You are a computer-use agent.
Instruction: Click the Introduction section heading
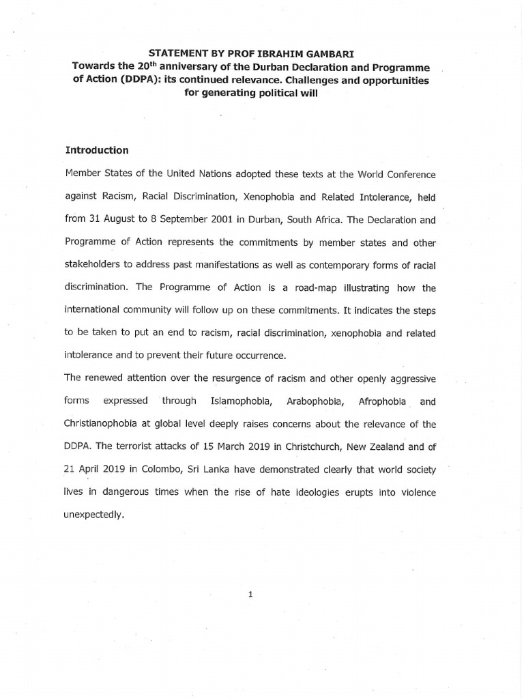click(x=96, y=149)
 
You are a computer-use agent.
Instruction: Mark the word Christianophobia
click(x=104, y=424)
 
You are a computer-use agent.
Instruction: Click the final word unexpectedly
click(x=95, y=515)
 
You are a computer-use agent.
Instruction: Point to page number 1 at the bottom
click(x=250, y=595)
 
